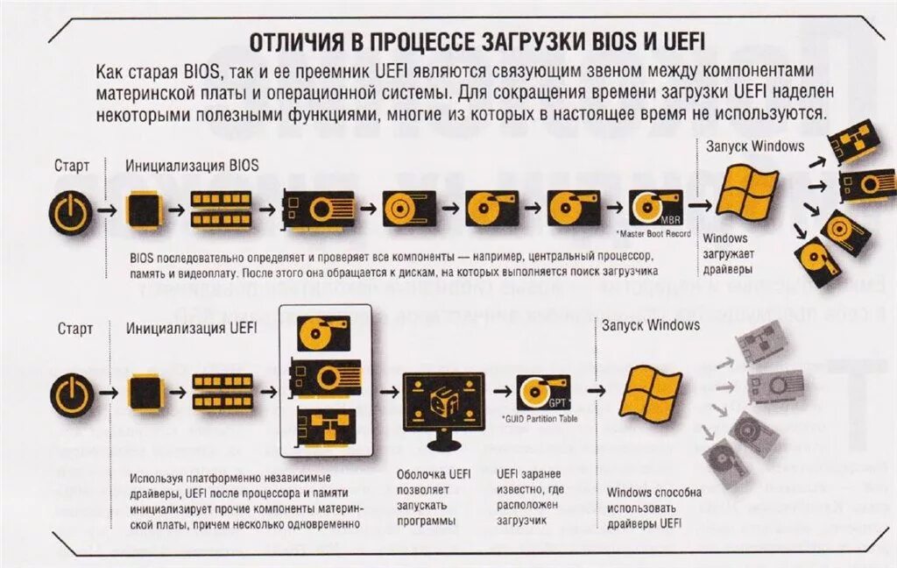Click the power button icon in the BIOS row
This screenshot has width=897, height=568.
pyautogui.click(x=69, y=211)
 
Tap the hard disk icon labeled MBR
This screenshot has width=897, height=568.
pyautogui.click(x=655, y=209)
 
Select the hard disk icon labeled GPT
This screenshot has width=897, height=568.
pyautogui.click(x=543, y=392)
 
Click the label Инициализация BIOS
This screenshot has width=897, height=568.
pyautogui.click(x=192, y=165)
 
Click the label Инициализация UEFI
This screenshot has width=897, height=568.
pyautogui.click(x=192, y=330)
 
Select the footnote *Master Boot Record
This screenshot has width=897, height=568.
pyautogui.click(x=653, y=234)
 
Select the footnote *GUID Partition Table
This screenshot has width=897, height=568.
pyautogui.click(x=540, y=419)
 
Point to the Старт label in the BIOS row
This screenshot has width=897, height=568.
pyautogui.click(x=72, y=165)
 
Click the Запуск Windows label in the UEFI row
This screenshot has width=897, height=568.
pyautogui.click(x=650, y=325)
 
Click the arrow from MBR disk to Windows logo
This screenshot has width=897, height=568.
pyautogui.click(x=699, y=204)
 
